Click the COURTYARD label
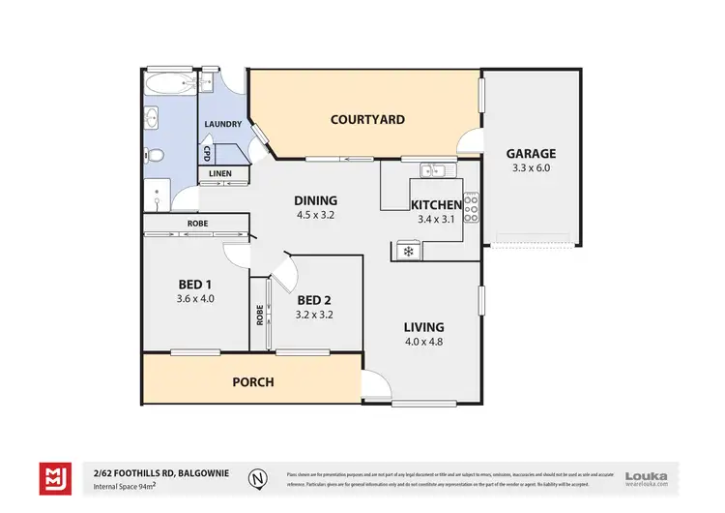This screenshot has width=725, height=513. point(367,120)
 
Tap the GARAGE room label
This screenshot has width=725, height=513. point(531,153)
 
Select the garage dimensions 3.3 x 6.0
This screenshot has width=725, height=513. point(531,167)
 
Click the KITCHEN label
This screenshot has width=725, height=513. point(436,204)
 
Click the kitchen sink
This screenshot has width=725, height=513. point(432,170)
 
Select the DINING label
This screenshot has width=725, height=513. point(315,200)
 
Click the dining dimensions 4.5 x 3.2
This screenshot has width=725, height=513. point(315,215)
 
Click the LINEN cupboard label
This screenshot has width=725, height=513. point(221,174)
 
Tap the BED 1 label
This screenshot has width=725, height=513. point(194,284)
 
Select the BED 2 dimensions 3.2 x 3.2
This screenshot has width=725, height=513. point(315,315)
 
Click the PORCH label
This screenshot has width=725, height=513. point(253,381)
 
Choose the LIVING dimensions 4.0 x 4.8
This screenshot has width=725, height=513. point(424,341)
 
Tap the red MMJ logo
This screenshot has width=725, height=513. point(53,476)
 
